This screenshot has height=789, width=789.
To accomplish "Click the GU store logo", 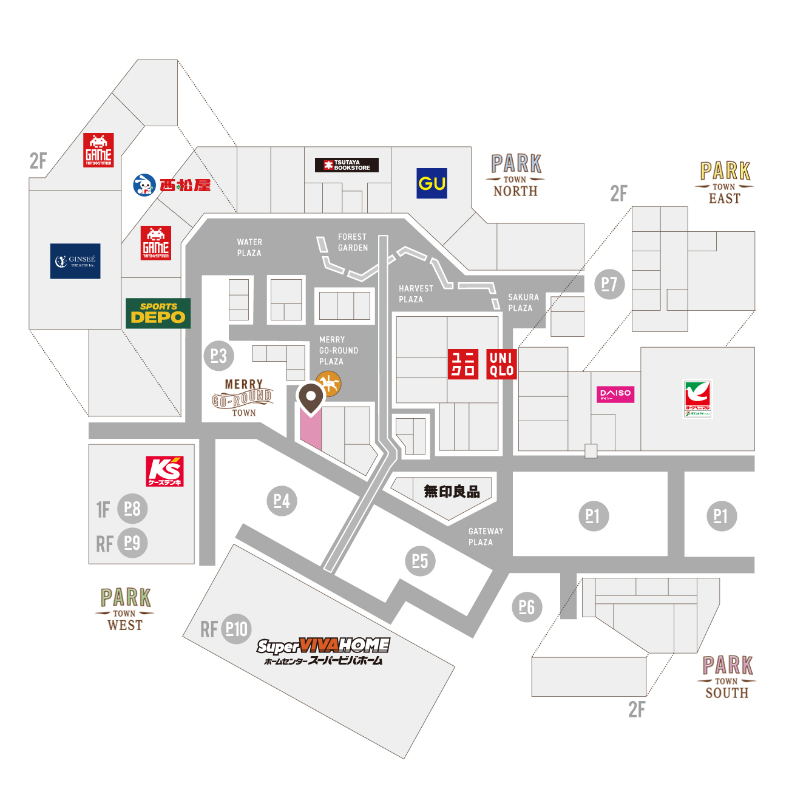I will [x=432, y=183].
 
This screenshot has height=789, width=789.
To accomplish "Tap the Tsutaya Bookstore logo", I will [x=347, y=165].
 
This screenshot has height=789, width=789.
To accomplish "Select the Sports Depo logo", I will [x=158, y=313].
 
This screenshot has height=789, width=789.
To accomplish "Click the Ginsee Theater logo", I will [x=75, y=262].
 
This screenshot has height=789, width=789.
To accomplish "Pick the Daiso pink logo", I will [x=615, y=394].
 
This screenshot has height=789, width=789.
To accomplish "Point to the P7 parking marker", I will [x=609, y=284].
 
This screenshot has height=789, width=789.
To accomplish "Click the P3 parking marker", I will [x=218, y=356].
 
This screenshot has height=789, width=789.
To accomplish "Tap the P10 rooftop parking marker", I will [x=237, y=629].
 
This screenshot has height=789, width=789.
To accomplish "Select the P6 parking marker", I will [x=527, y=607].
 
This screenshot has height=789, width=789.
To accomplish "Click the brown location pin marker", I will [x=311, y=398].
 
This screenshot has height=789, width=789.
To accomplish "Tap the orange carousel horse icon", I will [x=329, y=384].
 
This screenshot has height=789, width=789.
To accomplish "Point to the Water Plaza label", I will [x=249, y=248].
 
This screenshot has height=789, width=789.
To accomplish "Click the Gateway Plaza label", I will [x=485, y=537].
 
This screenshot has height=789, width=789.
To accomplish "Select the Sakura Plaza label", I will [x=523, y=302].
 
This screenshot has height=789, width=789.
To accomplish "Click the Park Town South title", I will [x=726, y=677].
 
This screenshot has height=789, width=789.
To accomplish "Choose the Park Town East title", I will [x=724, y=183].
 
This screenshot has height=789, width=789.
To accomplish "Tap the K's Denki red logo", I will [x=165, y=472].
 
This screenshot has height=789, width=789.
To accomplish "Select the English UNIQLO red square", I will [x=501, y=365].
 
